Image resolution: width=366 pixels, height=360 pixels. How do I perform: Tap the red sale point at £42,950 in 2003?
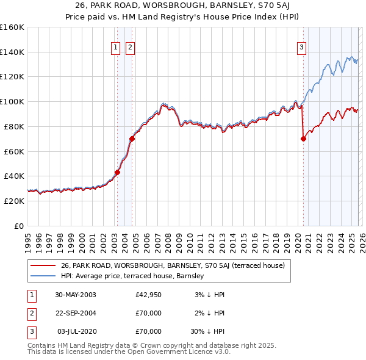pos(117,172)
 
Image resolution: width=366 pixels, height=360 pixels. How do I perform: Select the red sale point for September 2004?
pos(132,139)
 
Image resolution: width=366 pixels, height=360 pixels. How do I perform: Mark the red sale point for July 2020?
pos(303,139)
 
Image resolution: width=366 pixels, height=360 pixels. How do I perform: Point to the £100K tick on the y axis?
pos(12,101)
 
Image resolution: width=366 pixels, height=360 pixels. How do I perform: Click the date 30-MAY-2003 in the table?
pos(76,295)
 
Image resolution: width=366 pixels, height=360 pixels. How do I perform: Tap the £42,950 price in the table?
pos(148,295)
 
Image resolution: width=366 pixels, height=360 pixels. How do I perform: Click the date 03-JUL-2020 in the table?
pos(76,331)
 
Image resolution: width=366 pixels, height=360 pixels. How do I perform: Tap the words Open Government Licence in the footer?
pos(176,351)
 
